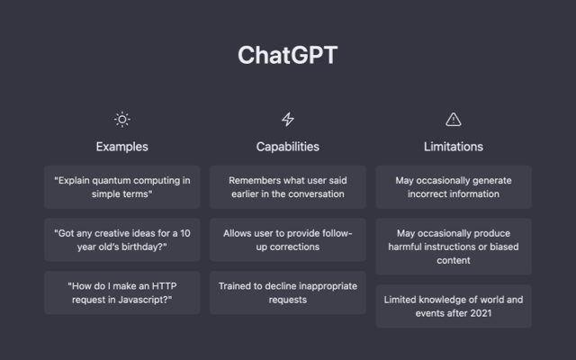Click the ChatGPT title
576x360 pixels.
coord(288,55)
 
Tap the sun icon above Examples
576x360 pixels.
coord(122,120)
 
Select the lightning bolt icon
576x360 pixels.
coord(288,120)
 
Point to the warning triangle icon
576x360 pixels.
coord(454,120)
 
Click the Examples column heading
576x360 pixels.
coord(122,147)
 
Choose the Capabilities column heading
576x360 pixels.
coord(288,147)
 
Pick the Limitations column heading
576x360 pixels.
coord(454,147)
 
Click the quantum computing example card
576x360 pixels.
coord(122,187)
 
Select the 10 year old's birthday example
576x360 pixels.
coord(122,240)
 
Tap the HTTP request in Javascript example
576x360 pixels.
coord(122,292)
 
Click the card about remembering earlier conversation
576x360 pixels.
coord(288,187)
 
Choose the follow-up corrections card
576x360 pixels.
coord(288,240)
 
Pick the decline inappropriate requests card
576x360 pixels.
coord(288,292)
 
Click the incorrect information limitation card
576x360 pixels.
coord(454,187)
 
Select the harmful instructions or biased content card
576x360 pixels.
coord(454,247)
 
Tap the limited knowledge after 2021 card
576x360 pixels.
coord(454,306)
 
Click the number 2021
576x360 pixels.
coord(481,313)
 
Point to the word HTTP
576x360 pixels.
coord(164,286)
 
